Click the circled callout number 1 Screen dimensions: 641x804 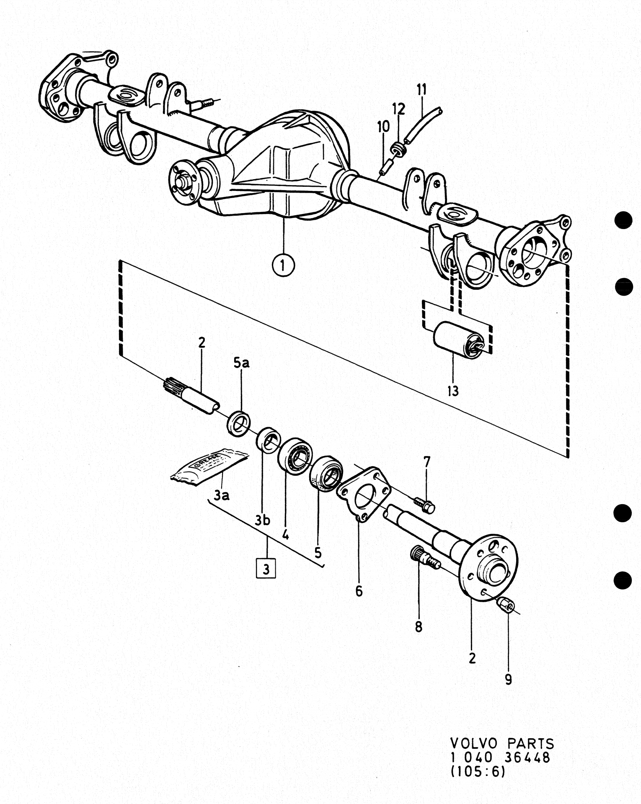pos(283,265)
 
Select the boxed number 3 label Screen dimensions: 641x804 pos(266,568)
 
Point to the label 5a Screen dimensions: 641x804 pos(241,363)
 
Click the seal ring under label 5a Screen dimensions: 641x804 pos(239,424)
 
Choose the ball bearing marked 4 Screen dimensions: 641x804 pos(295,456)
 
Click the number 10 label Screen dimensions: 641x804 pos(383,126)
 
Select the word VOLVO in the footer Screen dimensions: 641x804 pos(474,743)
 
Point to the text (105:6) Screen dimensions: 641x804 pos(478,771)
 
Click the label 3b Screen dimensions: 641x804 pos(263,520)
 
